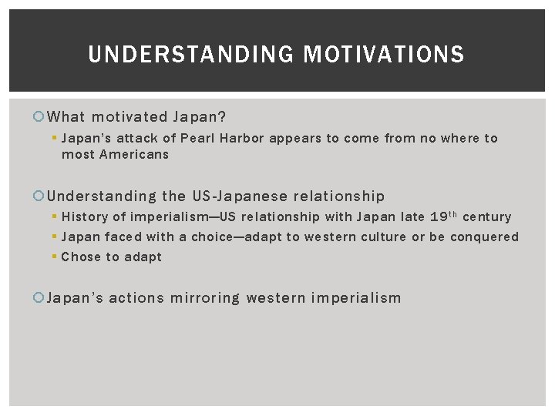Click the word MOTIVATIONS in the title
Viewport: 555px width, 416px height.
[384, 55]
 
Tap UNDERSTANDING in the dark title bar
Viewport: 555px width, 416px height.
[191, 55]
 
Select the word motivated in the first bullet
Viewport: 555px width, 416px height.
[129, 117]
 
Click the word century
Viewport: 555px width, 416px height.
[486, 217]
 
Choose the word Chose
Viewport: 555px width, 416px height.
[81, 257]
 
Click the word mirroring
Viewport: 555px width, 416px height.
[205, 298]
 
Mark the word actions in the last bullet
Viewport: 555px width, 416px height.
[136, 298]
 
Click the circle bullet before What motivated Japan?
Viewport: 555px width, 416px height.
[40, 117]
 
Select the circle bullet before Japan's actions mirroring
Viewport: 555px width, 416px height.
[40, 298]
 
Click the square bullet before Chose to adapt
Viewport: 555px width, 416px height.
[55, 257]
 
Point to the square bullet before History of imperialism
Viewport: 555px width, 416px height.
[55, 217]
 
